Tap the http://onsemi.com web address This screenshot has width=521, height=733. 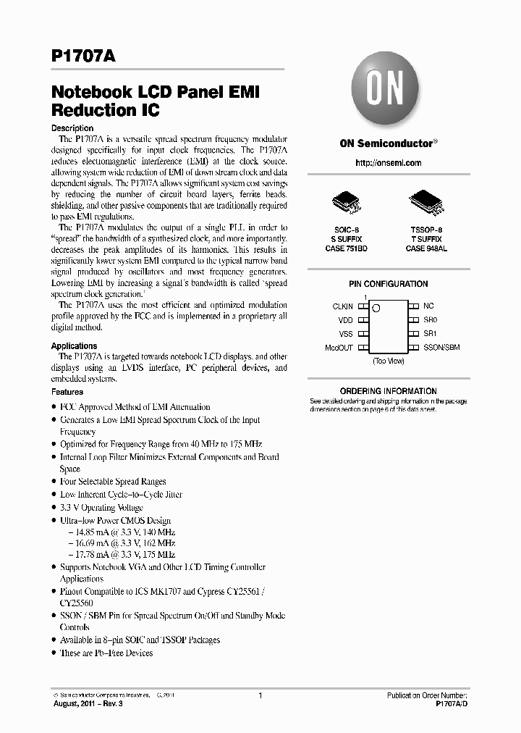pos(388,163)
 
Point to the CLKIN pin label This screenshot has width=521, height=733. pos(342,306)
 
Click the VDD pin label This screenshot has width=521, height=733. pos(346,319)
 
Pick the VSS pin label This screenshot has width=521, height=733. pos(346,333)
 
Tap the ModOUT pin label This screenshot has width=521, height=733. pos(339,348)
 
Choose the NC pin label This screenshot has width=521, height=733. pos(428,306)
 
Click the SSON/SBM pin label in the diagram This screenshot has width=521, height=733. pos(441,348)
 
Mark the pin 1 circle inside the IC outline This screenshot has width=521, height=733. pos(376,309)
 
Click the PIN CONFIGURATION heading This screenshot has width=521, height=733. pos(388,284)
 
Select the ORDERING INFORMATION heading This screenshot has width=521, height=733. pos(388,391)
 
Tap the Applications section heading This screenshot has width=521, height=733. pos(74,346)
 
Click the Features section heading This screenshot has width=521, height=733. pos(67,392)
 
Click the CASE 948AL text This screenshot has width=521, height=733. pos(426,248)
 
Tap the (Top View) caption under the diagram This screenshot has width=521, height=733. pos(388,360)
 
